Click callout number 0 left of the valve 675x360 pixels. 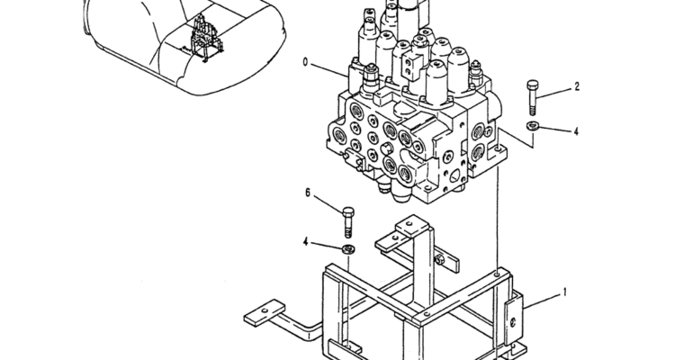click(306, 62)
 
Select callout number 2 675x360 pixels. click(577, 87)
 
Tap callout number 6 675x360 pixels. click(308, 193)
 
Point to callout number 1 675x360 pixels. click(565, 292)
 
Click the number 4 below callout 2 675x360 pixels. click(576, 130)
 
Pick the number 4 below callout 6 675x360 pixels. click(306, 242)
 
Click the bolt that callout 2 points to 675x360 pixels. click(533, 97)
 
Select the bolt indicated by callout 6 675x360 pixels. click(348, 222)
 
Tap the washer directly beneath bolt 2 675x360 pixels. click(533, 126)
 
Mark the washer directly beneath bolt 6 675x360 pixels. click(347, 249)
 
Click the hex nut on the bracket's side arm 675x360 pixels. click(439, 259)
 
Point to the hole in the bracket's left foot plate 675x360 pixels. click(265, 310)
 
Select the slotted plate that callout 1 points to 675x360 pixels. click(513, 317)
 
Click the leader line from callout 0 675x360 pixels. click(329, 70)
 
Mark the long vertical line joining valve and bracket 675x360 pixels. click(498, 220)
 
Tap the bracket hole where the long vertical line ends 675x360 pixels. click(498, 274)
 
